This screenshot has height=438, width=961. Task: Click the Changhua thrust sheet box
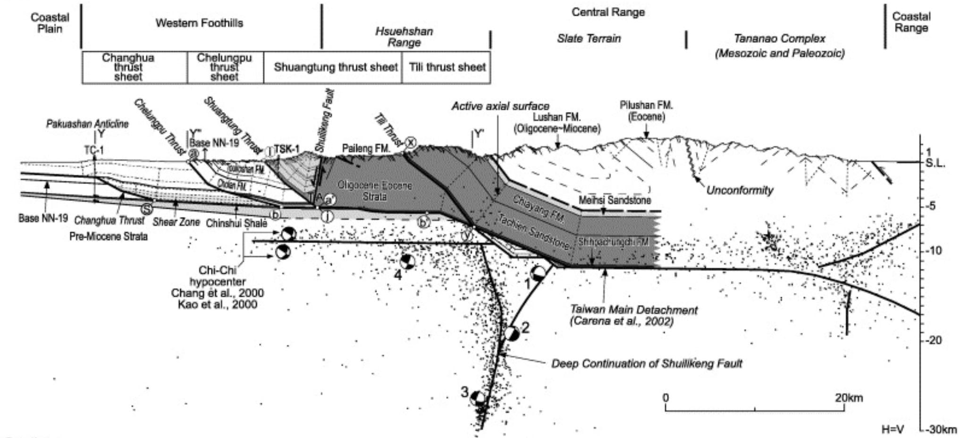coord(128,67)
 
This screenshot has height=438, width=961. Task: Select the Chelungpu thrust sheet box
coord(224,67)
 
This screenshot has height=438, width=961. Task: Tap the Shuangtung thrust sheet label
coord(336,67)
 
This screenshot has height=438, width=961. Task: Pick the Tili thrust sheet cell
coord(447,67)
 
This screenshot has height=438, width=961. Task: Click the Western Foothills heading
coord(199,23)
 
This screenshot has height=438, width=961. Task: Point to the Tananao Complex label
coord(780,39)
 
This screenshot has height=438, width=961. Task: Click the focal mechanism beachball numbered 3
coord(478,398)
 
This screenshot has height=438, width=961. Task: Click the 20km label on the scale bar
coord(848,397)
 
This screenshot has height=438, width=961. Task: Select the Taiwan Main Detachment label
coord(633,311)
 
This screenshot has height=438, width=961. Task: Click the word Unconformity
coord(739,190)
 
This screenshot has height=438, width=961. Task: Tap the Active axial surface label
coord(500,106)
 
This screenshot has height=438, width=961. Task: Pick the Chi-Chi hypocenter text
coord(218,276)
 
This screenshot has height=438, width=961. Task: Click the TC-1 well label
coord(94,150)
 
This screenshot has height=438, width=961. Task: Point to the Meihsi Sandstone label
coord(615,200)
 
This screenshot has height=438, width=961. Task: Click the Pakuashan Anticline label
coord(87,124)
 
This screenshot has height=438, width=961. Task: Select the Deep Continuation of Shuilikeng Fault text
coord(646,363)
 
